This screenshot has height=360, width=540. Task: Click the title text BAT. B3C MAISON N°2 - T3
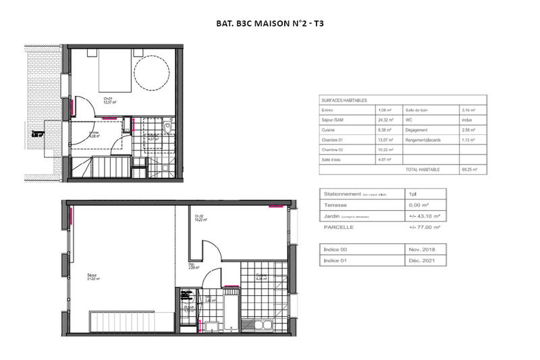(269, 23)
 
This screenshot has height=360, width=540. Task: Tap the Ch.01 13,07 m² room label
(109, 101)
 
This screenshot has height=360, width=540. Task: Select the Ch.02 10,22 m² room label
(200, 217)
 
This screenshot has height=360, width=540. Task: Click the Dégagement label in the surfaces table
(419, 130)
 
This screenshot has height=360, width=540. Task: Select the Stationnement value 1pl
(412, 193)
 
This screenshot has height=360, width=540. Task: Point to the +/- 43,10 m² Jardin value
(425, 216)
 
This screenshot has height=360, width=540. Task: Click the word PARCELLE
(339, 228)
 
